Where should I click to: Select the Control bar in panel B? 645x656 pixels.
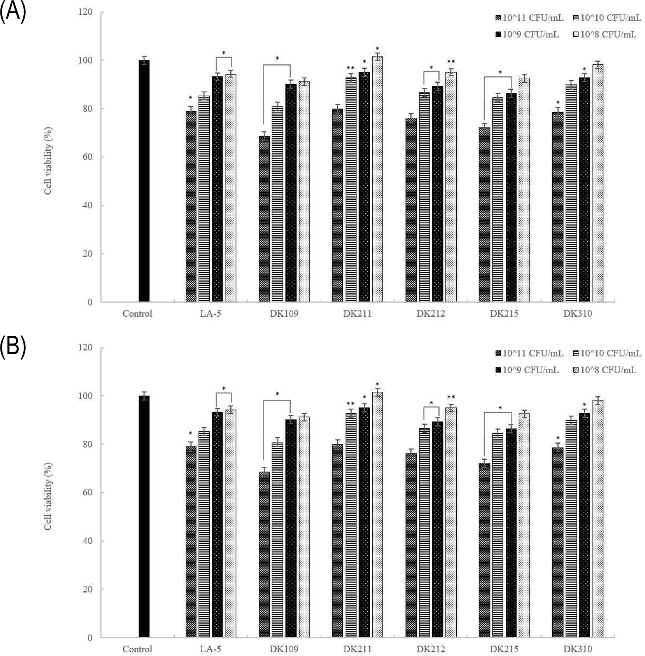tap(144, 516)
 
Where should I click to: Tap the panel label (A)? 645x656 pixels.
tap(13, 11)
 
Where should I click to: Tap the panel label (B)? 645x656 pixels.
tap(13, 346)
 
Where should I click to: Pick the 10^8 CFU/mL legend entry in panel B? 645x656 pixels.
tap(605, 370)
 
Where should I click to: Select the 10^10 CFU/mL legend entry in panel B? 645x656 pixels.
tap(607, 353)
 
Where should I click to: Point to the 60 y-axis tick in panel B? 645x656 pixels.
tap(88, 493)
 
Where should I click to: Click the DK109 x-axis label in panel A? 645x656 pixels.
tap(284, 314)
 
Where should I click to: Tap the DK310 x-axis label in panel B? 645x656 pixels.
tap(578, 649)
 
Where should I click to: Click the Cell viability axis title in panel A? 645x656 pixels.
tap(48, 161)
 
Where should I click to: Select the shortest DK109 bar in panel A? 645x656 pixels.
tap(264, 219)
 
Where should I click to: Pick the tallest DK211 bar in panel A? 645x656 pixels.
tap(377, 179)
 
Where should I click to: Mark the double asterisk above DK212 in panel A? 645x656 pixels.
tap(451, 62)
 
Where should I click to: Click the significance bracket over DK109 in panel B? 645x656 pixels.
tap(277, 400)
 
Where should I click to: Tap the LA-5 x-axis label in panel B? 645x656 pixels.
tap(211, 649)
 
